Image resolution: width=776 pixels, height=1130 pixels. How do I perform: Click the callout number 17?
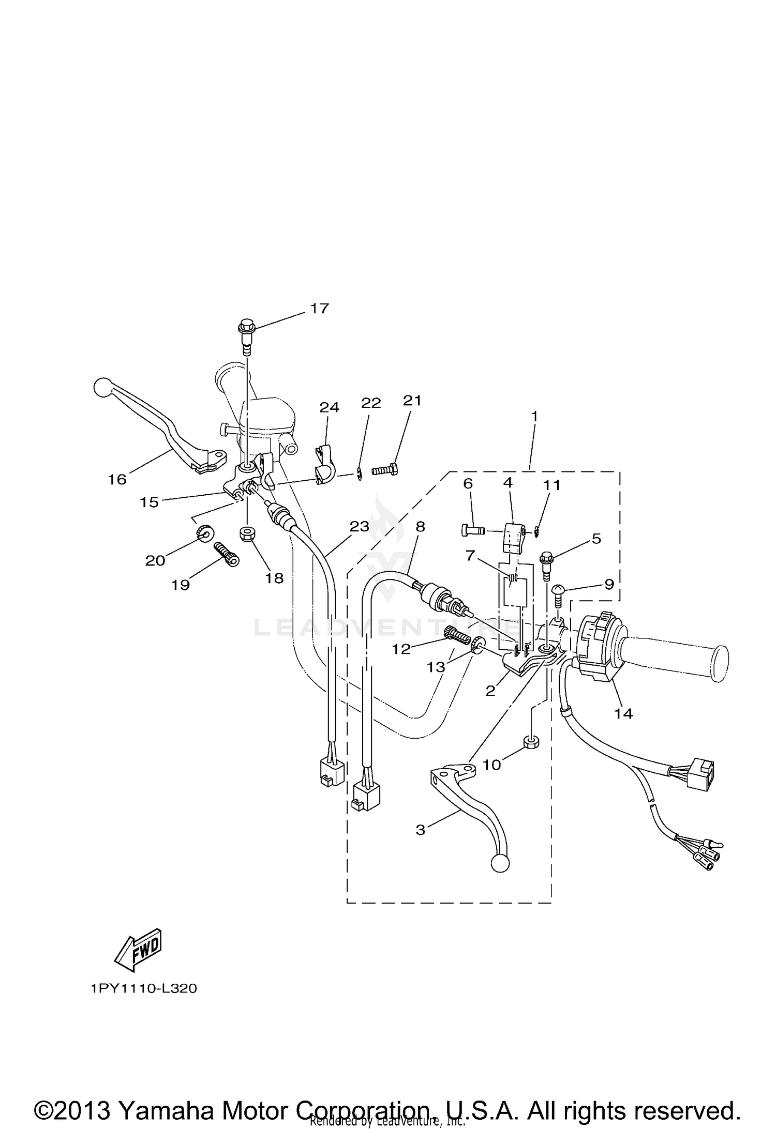pyautogui.click(x=319, y=308)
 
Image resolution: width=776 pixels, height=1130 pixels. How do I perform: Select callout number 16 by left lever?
pyautogui.click(x=117, y=479)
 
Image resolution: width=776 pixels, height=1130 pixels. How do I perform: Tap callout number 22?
pyautogui.click(x=371, y=403)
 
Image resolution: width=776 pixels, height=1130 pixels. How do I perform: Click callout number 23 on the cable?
pyautogui.click(x=359, y=526)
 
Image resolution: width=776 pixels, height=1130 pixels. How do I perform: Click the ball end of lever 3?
pyautogui.click(x=499, y=863)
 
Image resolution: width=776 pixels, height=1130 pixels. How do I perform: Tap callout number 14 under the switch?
pyautogui.click(x=623, y=713)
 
